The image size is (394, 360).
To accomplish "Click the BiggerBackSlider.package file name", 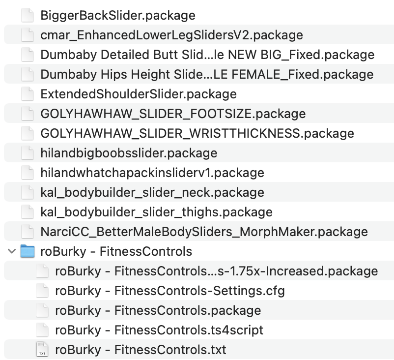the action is (x=117, y=15).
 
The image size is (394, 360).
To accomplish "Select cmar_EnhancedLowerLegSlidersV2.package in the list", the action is (x=171, y=35).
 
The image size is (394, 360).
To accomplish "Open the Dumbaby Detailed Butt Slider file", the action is (x=207, y=55).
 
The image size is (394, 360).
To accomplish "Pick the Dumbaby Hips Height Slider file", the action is (x=207, y=74).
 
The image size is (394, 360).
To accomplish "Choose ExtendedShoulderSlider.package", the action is (x=139, y=94).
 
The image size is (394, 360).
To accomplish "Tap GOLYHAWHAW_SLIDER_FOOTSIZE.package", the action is (x=173, y=114).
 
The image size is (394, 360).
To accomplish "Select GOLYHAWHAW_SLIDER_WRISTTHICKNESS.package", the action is (x=197, y=133).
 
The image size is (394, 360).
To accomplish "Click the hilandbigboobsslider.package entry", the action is (x=129, y=153).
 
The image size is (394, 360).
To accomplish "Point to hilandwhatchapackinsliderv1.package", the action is (x=152, y=173).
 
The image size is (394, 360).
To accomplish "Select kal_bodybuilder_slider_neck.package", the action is (x=152, y=192).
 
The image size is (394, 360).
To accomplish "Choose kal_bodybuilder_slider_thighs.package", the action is (x=156, y=212).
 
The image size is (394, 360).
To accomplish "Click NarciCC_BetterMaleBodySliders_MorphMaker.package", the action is (x=204, y=232).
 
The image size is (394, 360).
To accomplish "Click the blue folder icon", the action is (x=28, y=252).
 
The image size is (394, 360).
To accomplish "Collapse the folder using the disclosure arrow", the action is (x=11, y=252).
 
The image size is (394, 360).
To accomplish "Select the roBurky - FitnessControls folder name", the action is (x=116, y=252).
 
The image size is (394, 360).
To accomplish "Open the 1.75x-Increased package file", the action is (x=216, y=271).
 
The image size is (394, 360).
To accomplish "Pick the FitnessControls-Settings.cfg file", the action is (x=169, y=291).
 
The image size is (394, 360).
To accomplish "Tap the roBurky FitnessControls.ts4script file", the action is (x=159, y=330).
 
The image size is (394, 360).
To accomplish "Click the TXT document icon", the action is (x=43, y=350).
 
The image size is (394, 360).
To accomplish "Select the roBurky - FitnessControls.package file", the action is (x=158, y=310).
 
